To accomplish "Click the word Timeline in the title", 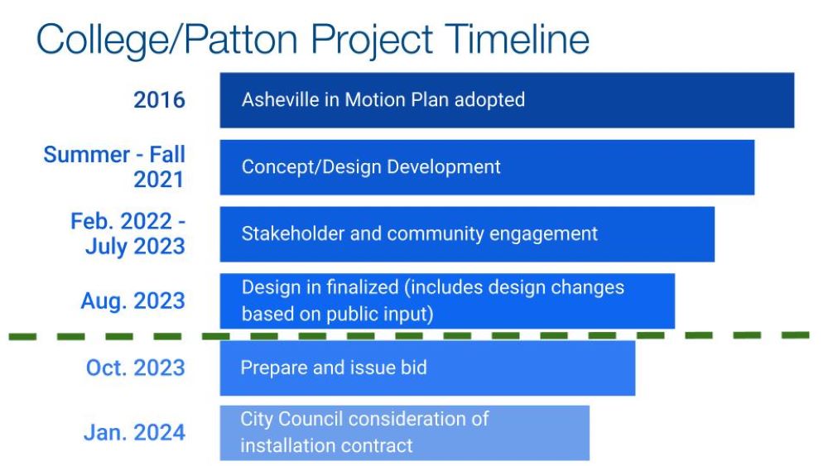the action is click(x=517, y=39).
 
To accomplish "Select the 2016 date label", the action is click(x=159, y=100).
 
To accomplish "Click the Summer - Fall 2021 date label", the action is click(x=114, y=166).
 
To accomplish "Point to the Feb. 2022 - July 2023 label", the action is click(x=128, y=233).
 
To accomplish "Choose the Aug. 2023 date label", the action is click(x=132, y=300).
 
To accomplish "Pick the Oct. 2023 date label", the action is click(x=135, y=368).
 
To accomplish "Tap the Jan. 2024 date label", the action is click(x=134, y=432).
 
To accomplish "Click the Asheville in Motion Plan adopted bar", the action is click(x=507, y=100).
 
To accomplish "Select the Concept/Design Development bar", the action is click(x=487, y=167).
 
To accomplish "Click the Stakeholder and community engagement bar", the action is click(x=467, y=234).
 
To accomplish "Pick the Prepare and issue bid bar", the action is click(x=428, y=368).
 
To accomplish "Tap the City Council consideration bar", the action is click(x=405, y=433).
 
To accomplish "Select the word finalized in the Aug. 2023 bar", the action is click(x=363, y=287).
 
